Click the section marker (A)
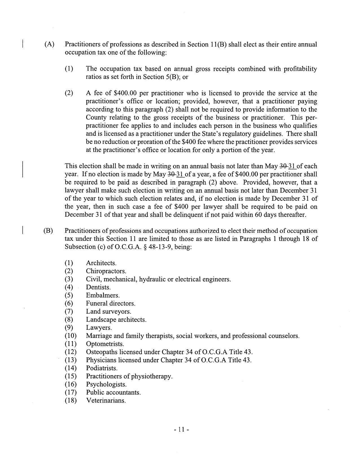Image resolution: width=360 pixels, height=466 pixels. [49, 44]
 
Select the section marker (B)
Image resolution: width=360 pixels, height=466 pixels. [48, 231]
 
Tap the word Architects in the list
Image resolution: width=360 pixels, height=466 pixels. [101, 263]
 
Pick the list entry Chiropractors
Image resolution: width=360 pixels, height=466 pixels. [106, 271]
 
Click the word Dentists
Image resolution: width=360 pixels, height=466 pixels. [98, 287]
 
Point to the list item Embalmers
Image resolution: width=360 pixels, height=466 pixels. [102, 295]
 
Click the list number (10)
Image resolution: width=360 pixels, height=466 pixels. [71, 336]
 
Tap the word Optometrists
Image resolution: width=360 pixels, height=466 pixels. [105, 344]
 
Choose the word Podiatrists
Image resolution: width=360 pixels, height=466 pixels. [102, 368]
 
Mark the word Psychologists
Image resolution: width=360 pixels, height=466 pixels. [106, 384]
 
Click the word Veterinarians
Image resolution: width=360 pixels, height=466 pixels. [106, 400]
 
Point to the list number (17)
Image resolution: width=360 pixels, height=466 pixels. [71, 392]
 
